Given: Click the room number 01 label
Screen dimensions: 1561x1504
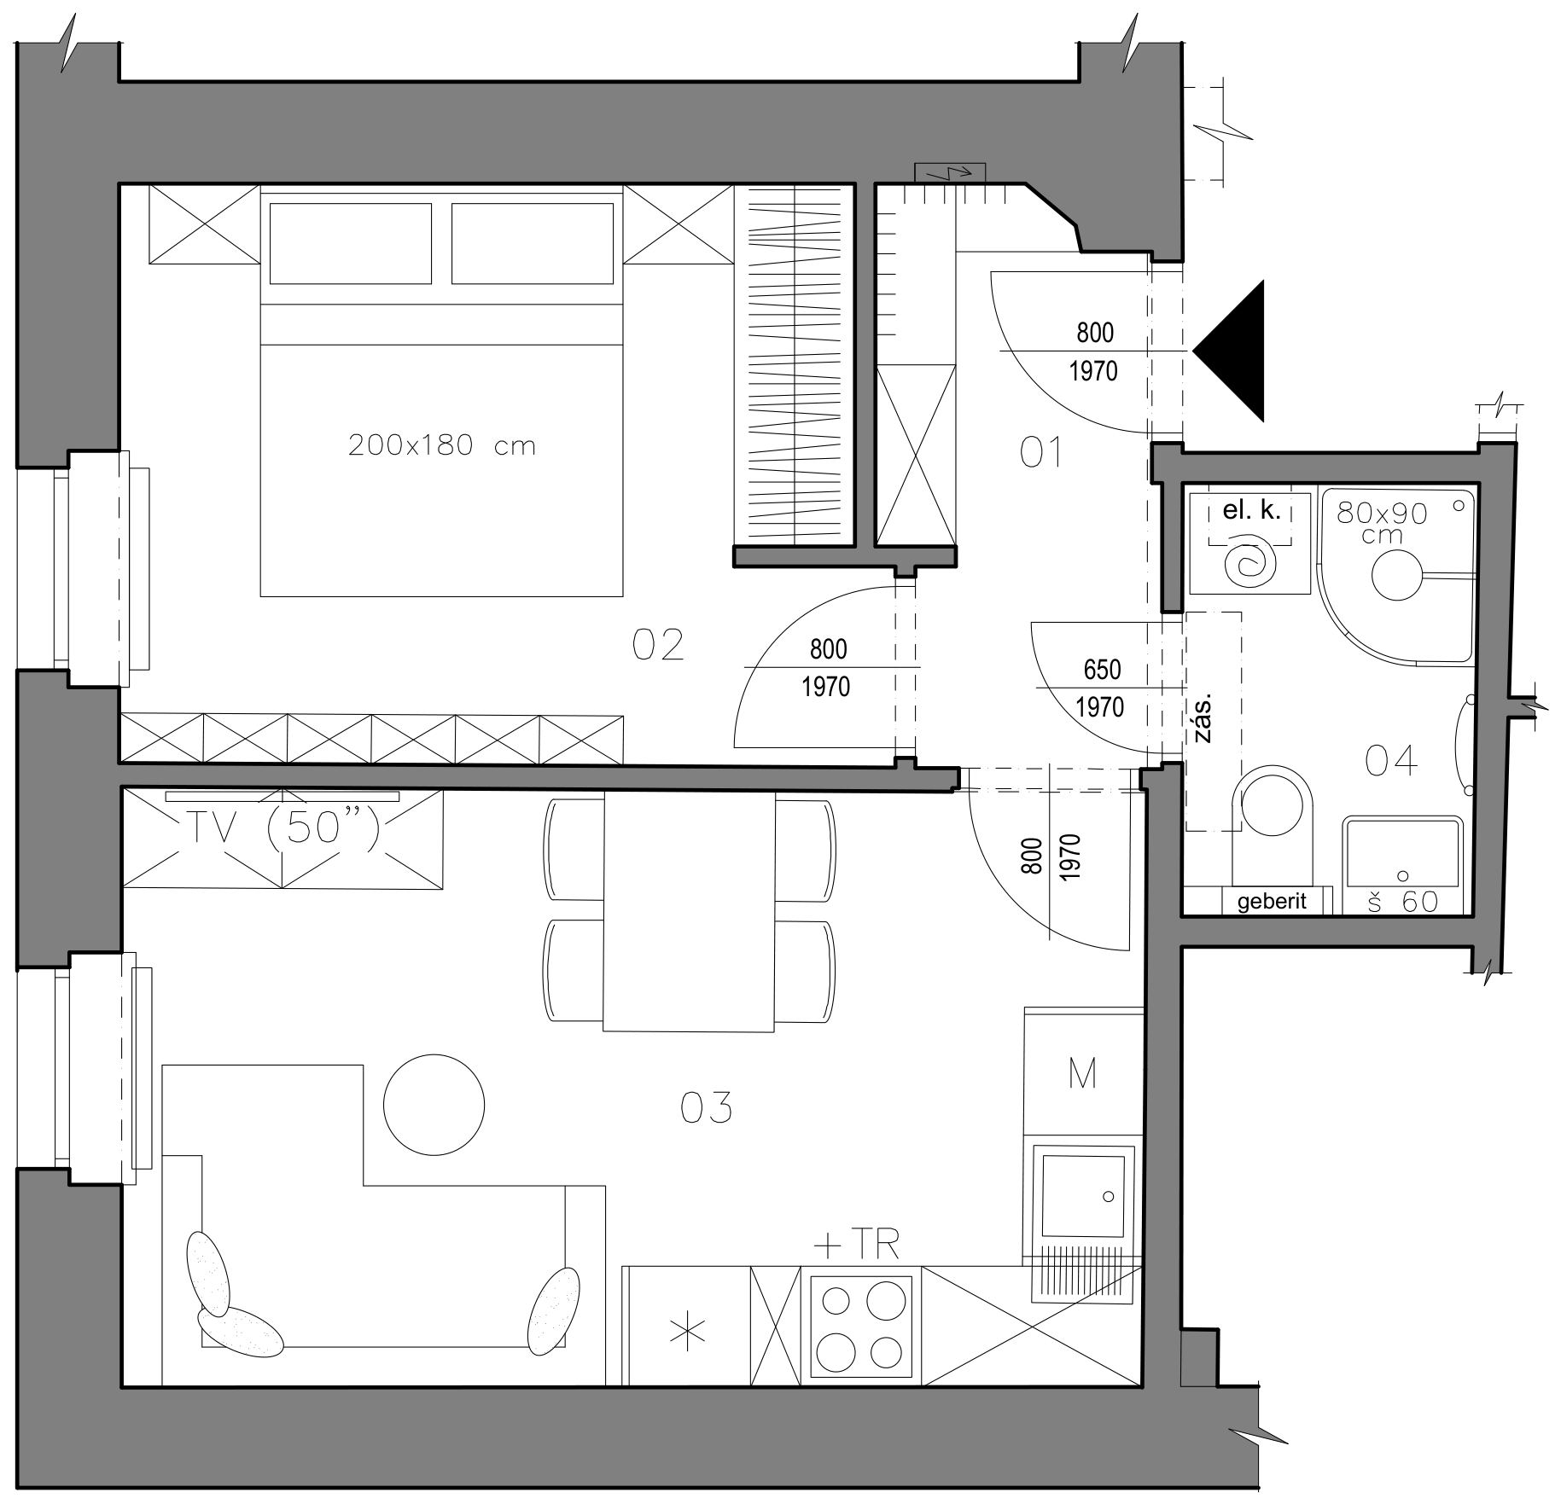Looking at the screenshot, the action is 1040,452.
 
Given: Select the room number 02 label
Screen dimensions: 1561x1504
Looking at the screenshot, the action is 658,645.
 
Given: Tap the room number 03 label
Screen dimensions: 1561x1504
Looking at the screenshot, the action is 706,1108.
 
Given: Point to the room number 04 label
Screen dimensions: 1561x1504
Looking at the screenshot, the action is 1391,760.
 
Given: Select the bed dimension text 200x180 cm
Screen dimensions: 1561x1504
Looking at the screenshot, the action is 442,445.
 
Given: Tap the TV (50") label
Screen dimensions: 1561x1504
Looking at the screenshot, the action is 282,827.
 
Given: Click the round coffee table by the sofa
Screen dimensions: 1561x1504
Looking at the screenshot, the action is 434,1105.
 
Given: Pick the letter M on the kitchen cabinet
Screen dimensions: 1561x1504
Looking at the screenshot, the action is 1082,1074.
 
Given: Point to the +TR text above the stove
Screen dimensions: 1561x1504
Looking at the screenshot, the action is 856,1246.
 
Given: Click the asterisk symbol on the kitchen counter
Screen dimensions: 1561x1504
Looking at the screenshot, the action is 688,1333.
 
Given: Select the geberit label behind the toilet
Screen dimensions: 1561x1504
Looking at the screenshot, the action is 1272,902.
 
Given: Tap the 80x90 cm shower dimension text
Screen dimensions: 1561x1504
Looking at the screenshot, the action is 1382,522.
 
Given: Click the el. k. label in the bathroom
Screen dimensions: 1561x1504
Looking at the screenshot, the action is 1252,511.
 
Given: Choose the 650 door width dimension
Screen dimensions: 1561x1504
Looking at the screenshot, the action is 1102,670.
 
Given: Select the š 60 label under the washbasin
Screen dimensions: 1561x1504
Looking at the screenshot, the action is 1403,902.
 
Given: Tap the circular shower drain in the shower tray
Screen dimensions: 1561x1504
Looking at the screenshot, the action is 1398,574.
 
